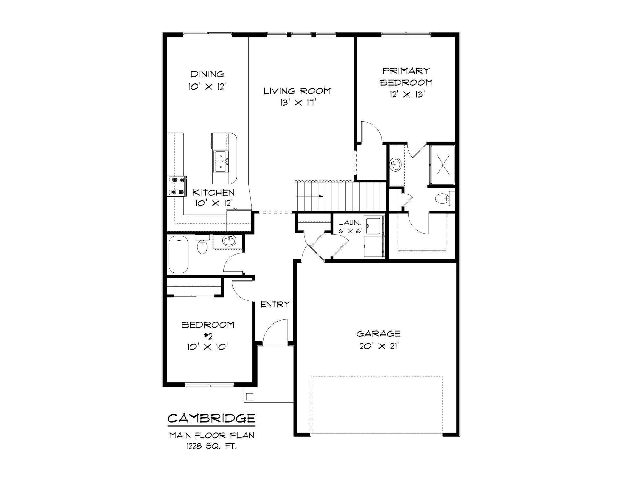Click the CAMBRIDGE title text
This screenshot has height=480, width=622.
point(211,418)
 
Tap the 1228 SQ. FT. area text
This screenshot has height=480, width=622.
point(212,447)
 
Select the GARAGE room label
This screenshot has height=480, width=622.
point(378,333)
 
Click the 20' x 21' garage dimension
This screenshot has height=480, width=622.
point(378,346)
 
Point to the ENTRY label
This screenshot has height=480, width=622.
point(275,304)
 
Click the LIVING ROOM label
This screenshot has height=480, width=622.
point(297,91)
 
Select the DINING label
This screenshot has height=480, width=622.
point(207,74)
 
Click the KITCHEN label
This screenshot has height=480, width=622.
point(213,193)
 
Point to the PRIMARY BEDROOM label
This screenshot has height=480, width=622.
point(406,77)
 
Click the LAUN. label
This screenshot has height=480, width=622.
point(350,223)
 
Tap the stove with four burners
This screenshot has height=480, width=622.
point(177,186)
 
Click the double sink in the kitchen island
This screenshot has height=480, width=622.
point(221,161)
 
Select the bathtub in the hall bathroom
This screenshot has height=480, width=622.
point(179,255)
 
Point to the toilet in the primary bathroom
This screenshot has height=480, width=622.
point(445,198)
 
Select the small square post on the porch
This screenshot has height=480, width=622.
point(250,397)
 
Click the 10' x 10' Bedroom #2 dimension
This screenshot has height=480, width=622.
point(208,347)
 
